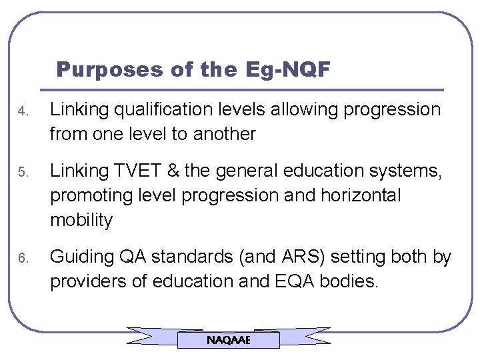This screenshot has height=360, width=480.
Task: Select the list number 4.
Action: pyautogui.click(x=21, y=110)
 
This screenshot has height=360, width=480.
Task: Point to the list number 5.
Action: pyautogui.click(x=21, y=173)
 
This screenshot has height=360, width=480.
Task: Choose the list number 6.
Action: pyautogui.click(x=21, y=258)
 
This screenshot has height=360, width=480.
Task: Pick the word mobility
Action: pyautogui.click(x=82, y=220)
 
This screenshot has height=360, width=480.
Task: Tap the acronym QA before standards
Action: pyautogui.click(x=135, y=257)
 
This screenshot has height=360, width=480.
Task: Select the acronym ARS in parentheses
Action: pyautogui.click(x=287, y=257)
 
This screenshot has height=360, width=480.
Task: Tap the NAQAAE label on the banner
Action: pyautogui.click(x=229, y=340)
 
